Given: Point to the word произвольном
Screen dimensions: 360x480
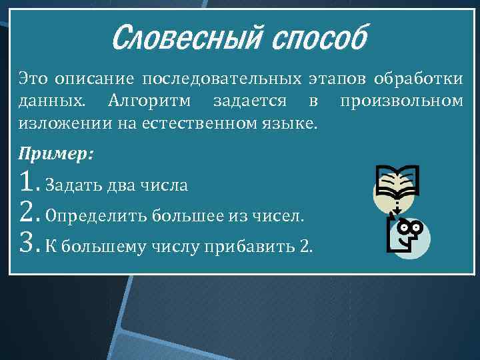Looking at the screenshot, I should pyautogui.click(x=401, y=101).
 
